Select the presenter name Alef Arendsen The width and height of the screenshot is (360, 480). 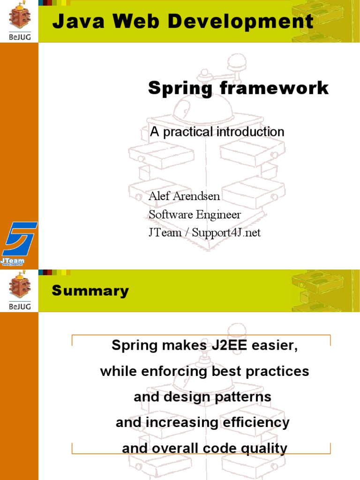click(x=184, y=196)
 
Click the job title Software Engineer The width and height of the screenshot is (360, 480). click(x=195, y=215)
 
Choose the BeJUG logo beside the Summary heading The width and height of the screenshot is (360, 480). click(x=19, y=290)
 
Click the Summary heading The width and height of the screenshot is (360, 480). click(x=90, y=291)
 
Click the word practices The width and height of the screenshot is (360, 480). click(x=278, y=372)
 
